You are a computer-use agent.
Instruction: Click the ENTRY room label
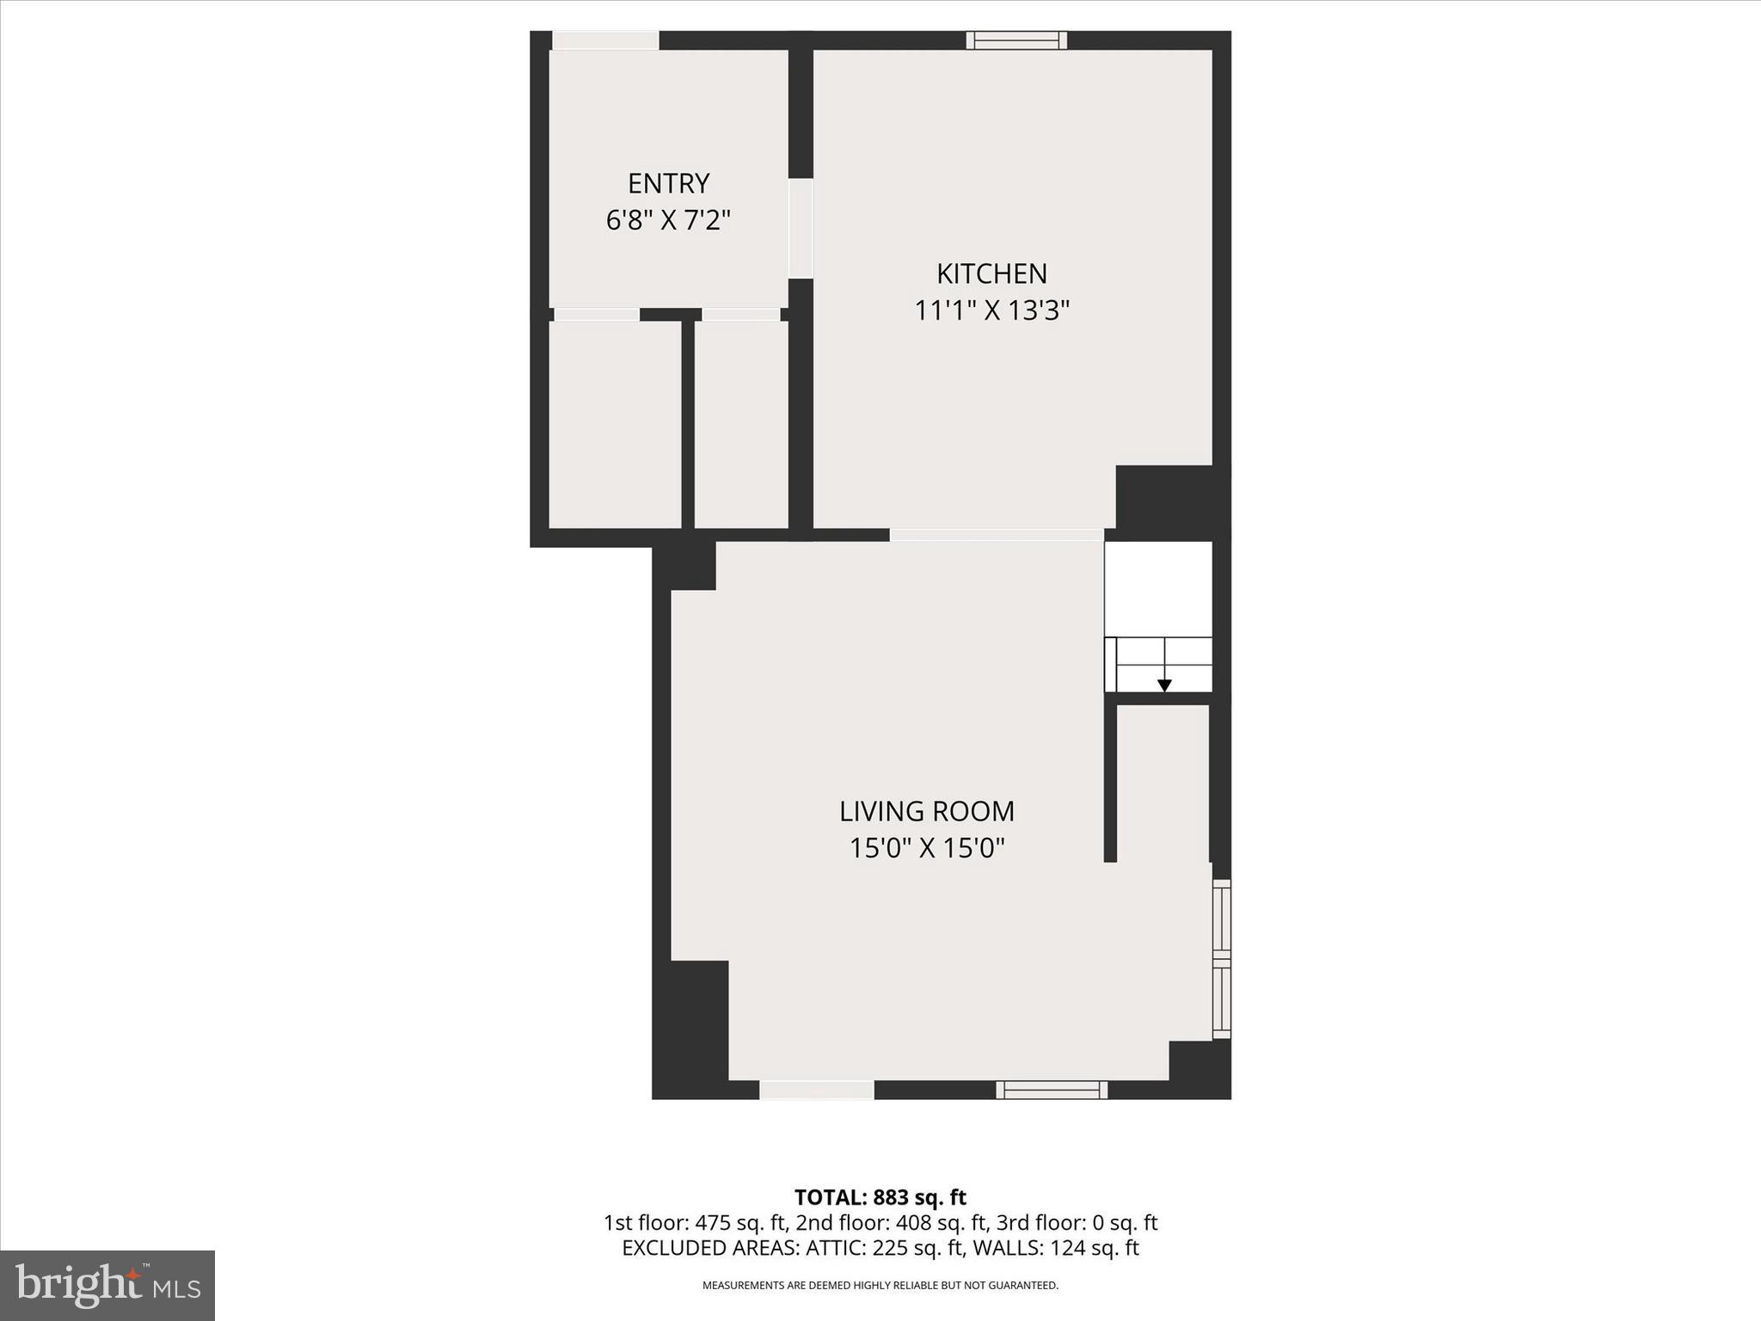[x=668, y=183]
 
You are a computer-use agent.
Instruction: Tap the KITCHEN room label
[x=991, y=273]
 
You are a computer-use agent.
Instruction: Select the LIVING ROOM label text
[x=927, y=811]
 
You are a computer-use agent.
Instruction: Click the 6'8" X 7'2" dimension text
[x=668, y=221]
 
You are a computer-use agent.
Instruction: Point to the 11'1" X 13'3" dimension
[x=991, y=310]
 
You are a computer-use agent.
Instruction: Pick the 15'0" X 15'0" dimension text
[x=927, y=849]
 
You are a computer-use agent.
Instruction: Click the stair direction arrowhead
[x=1164, y=685]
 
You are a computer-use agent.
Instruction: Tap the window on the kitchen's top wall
[x=1015, y=40]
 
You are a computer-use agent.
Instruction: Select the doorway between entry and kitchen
[x=801, y=228]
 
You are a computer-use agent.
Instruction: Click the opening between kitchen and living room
[x=996, y=535]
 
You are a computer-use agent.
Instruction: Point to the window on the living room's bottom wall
[x=1052, y=1090]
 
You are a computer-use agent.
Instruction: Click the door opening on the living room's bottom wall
[x=816, y=1090]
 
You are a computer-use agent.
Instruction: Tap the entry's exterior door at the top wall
[x=605, y=40]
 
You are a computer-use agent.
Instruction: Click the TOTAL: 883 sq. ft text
[x=880, y=1197]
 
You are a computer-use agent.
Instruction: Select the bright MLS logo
[x=107, y=1285]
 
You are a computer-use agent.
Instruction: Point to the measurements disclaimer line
[x=880, y=1286]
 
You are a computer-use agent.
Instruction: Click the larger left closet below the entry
[x=615, y=424]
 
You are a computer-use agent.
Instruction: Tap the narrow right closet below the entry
[x=741, y=424]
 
